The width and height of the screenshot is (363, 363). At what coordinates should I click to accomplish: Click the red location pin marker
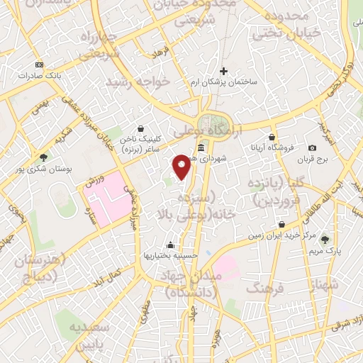coord(182,167)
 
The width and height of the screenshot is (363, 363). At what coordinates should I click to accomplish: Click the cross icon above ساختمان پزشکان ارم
coord(224,71)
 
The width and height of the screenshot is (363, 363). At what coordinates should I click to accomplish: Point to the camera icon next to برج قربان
coord(312,147)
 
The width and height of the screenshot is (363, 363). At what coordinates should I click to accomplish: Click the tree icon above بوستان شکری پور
coord(44,157)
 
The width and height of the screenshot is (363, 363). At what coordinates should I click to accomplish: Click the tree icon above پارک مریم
coord(325,240)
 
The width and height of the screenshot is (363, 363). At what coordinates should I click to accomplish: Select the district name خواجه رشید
coord(138,82)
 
